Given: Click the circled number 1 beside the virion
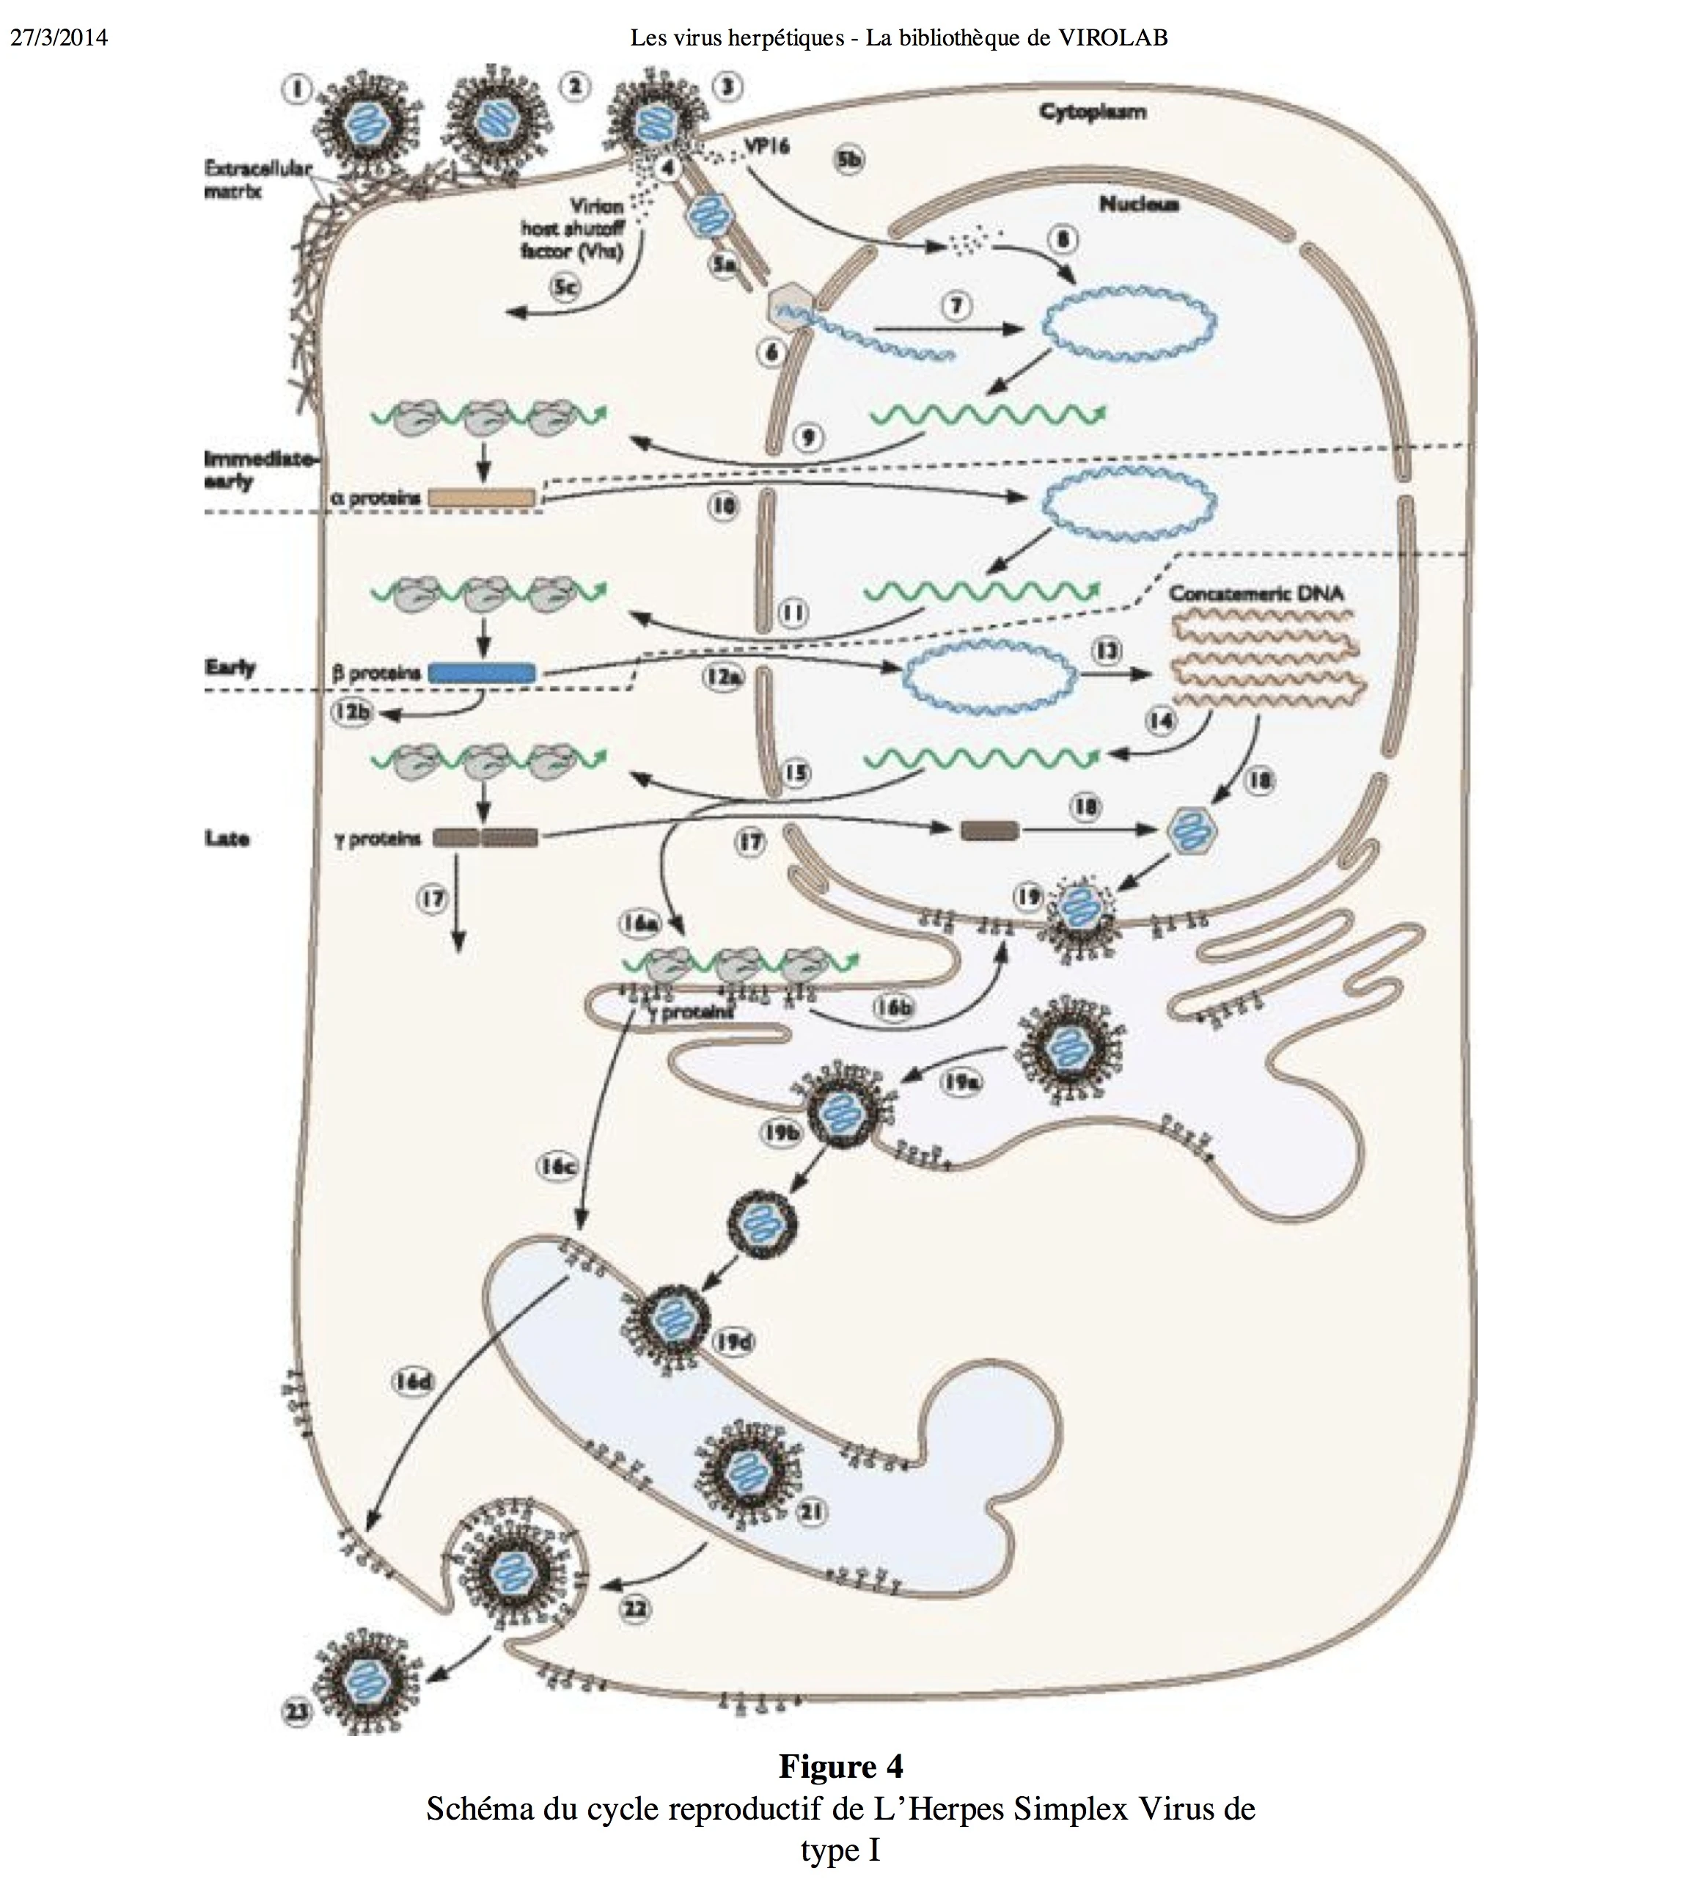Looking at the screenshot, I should [297, 90].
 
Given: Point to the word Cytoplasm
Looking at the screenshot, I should [1093, 112].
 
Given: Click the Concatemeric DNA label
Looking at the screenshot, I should [1256, 593].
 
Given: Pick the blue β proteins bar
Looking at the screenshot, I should [482, 672].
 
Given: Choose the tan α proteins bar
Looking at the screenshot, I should [482, 498].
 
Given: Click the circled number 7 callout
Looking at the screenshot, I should [956, 306].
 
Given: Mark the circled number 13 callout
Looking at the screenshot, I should [1108, 651].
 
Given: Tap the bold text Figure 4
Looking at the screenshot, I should [841, 1766].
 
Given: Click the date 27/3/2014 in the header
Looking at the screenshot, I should [58, 37].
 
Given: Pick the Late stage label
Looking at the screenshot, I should [227, 839].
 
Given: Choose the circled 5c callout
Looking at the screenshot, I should [565, 288].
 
